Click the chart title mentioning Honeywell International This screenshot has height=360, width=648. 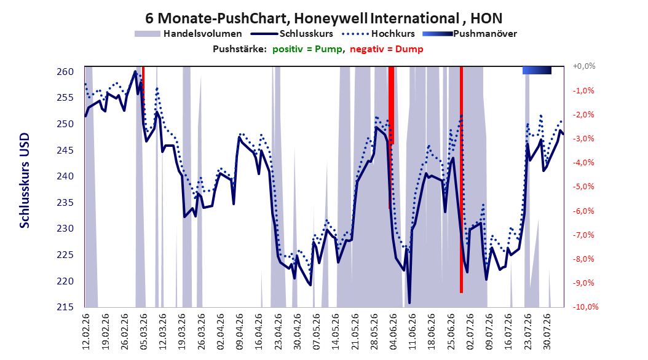pyautogui.click(x=323, y=18)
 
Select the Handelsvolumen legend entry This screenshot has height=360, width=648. pyautogui.click(x=188, y=34)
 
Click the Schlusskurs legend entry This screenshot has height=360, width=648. pyautogui.click(x=292, y=34)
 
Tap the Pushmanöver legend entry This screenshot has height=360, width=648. pyautogui.click(x=470, y=34)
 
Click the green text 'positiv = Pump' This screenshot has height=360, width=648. pyautogui.click(x=307, y=49)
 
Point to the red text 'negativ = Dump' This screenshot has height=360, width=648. pyautogui.click(x=387, y=49)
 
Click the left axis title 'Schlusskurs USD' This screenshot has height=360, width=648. pyautogui.click(x=25, y=180)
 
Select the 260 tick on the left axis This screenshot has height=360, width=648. pyautogui.click(x=65, y=72)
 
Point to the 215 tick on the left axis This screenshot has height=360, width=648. pyautogui.click(x=65, y=307)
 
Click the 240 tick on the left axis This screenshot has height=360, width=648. pyautogui.click(x=65, y=176)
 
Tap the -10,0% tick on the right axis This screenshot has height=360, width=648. pyautogui.click(x=585, y=307)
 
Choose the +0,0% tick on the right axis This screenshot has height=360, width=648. pyautogui.click(x=584, y=66)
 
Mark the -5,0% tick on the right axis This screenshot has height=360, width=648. pyautogui.click(x=583, y=187)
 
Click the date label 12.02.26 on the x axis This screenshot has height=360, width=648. pyautogui.click(x=86, y=332)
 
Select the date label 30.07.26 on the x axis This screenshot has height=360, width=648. pyautogui.click(x=547, y=332)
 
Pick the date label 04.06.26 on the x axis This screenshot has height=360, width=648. pyautogui.click(x=393, y=332)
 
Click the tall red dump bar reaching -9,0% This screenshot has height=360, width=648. pyautogui.click(x=461, y=179)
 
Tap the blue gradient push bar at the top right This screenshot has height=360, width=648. pyautogui.click(x=537, y=71)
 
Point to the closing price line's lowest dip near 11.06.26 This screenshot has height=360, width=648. pyautogui.click(x=409, y=303)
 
